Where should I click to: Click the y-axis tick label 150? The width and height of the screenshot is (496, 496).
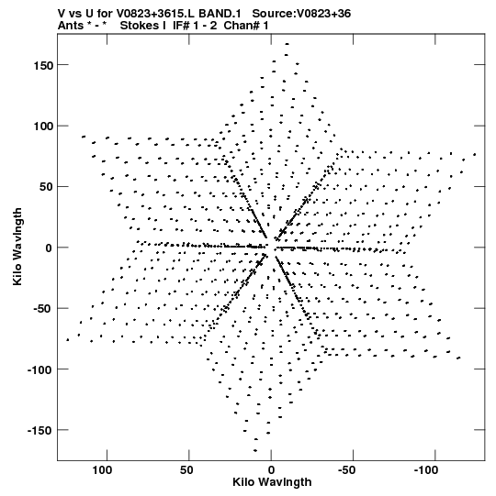tap(42, 66)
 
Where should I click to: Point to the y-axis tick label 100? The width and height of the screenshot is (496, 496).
tap(42, 127)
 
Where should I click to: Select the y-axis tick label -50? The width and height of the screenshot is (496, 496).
tap(42, 309)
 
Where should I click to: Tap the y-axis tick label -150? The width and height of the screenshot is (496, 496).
tap(39, 431)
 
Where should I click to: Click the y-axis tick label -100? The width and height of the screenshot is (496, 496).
tap(39, 369)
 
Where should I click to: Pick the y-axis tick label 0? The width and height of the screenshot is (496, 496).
tap(48, 248)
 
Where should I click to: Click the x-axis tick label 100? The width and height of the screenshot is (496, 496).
tap(102, 470)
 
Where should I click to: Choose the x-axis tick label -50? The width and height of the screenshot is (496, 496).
tap(346, 470)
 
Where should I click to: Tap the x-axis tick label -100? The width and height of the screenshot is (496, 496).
tap(425, 470)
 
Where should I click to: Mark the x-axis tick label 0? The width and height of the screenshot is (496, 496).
tap(271, 470)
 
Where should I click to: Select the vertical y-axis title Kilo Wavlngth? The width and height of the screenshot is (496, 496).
tap(17, 247)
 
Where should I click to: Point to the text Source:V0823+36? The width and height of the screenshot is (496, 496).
tap(301, 14)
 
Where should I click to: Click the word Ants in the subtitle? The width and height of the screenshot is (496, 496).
tap(70, 26)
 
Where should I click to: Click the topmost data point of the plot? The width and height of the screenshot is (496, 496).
tap(287, 44)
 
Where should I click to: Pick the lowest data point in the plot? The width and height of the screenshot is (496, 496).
tap(255, 450)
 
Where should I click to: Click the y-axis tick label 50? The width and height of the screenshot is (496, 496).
tap(45, 187)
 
